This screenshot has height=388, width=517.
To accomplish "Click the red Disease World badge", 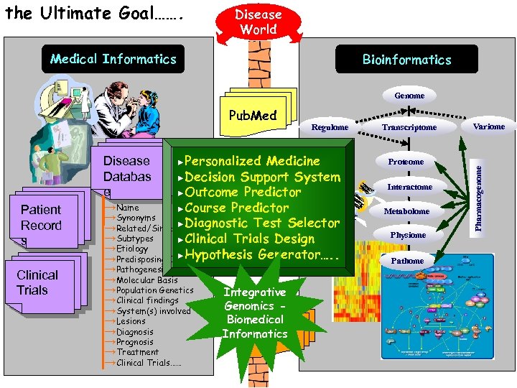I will [x=258, y=22].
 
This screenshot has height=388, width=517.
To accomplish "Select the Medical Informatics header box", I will [x=113, y=59].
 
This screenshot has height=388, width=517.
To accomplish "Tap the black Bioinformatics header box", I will [x=406, y=60].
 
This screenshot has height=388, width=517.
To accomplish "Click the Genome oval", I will [x=409, y=96].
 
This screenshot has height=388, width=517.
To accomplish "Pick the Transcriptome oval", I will [x=409, y=127].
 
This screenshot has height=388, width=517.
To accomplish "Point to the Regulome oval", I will [x=330, y=127].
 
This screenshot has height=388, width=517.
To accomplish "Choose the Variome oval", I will [x=490, y=126].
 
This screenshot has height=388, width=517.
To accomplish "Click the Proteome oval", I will [x=406, y=162].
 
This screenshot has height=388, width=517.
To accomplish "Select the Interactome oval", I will [x=409, y=187].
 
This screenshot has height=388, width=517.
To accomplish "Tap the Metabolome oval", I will [x=406, y=211].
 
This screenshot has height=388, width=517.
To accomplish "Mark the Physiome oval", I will [x=408, y=235].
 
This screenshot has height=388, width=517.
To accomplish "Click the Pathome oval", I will [x=407, y=260].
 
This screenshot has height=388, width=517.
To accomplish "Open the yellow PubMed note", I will [x=252, y=115].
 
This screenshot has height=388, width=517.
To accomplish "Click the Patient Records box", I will [x=42, y=218].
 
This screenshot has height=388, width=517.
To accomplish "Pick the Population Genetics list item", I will [x=149, y=290].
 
